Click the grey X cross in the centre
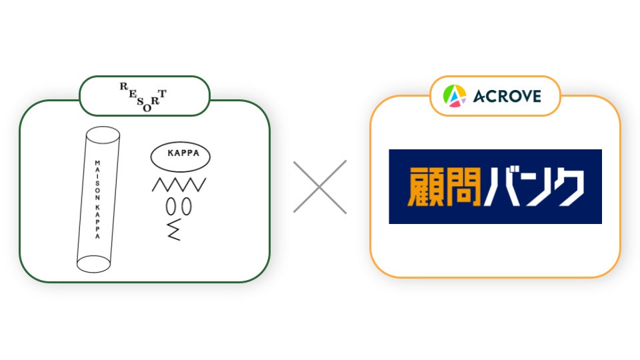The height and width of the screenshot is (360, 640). point(320,187)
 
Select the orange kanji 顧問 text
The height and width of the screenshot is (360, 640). point(445,187)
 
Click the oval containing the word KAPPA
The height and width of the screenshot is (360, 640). point(180,156)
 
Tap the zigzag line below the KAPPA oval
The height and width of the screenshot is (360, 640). point(179,185)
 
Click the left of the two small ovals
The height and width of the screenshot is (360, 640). point(171,207)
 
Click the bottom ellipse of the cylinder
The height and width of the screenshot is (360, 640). point(93,264)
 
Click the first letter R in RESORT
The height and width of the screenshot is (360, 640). point(123,87)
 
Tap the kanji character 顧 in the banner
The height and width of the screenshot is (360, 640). point(425,187)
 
